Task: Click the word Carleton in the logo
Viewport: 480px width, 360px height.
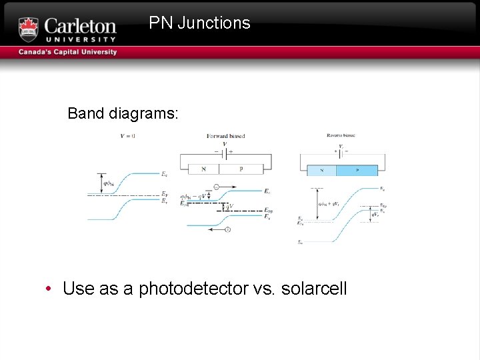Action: click(x=80, y=27)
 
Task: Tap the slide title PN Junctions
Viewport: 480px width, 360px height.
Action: click(x=199, y=23)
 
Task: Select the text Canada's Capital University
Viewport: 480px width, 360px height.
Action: click(x=67, y=52)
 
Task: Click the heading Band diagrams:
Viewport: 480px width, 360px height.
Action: click(x=123, y=113)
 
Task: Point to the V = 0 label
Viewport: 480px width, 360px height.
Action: click(x=128, y=136)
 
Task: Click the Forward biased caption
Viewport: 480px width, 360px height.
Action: click(x=225, y=136)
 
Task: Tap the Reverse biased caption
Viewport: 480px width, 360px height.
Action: click(x=341, y=135)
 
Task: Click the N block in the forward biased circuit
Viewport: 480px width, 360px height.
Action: click(x=203, y=169)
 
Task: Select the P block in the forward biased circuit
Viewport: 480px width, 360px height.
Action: click(x=241, y=169)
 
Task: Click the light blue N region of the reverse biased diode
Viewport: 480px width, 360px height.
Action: click(x=321, y=170)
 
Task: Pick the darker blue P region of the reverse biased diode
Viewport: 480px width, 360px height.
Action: click(x=357, y=170)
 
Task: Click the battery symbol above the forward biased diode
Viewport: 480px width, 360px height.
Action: click(x=225, y=151)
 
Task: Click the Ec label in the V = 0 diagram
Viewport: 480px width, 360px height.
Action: click(x=164, y=175)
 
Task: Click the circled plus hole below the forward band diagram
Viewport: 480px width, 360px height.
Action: click(x=227, y=230)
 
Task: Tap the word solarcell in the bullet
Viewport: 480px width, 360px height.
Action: click(x=314, y=289)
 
